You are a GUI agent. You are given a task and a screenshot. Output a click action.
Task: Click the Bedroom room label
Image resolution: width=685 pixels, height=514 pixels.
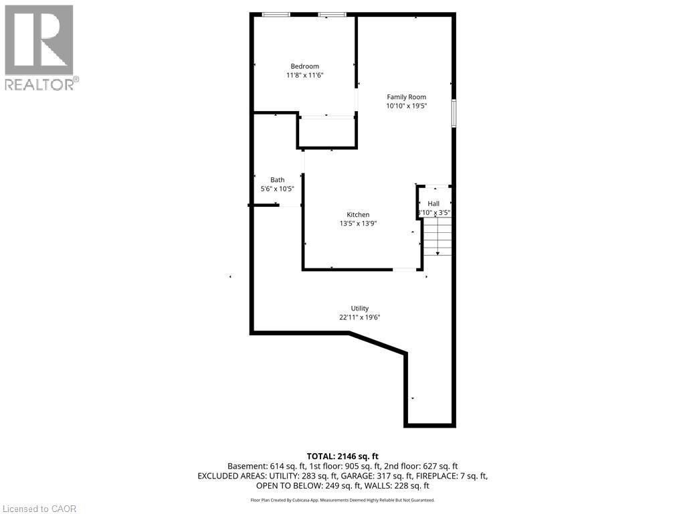304,66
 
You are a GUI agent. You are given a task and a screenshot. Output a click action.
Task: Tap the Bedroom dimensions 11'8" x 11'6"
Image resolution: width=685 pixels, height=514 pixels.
304,75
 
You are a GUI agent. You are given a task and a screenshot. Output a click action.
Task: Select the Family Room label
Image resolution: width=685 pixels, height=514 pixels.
406,97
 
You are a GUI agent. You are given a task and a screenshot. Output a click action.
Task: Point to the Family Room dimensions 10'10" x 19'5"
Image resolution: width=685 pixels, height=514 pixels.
406,106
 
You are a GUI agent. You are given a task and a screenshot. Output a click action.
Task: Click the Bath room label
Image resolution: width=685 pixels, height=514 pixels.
278,179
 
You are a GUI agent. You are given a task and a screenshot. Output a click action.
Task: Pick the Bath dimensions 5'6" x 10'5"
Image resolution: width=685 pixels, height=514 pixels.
278,189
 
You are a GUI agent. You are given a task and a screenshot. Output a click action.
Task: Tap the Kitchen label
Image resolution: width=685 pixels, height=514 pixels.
359,215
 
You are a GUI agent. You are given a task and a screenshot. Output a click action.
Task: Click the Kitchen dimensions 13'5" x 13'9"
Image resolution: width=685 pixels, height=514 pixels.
359,224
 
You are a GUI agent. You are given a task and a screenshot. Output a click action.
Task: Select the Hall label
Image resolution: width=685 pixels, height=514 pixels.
433,203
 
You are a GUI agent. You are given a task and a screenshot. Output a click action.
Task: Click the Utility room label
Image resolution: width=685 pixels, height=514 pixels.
359,309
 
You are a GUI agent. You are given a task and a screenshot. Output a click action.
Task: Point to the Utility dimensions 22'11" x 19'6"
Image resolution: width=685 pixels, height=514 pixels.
359,317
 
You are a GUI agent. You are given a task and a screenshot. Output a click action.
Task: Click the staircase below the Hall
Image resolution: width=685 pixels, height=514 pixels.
437,236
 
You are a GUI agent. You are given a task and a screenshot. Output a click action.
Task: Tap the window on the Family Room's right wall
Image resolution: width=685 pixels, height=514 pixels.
454,114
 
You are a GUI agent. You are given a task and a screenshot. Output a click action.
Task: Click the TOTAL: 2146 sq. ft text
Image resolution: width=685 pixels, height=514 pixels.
342,456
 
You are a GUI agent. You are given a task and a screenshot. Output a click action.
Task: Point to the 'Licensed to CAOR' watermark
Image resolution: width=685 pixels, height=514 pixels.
39,509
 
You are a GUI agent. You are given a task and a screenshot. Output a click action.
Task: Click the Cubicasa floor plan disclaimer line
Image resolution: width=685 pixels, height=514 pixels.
342,500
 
